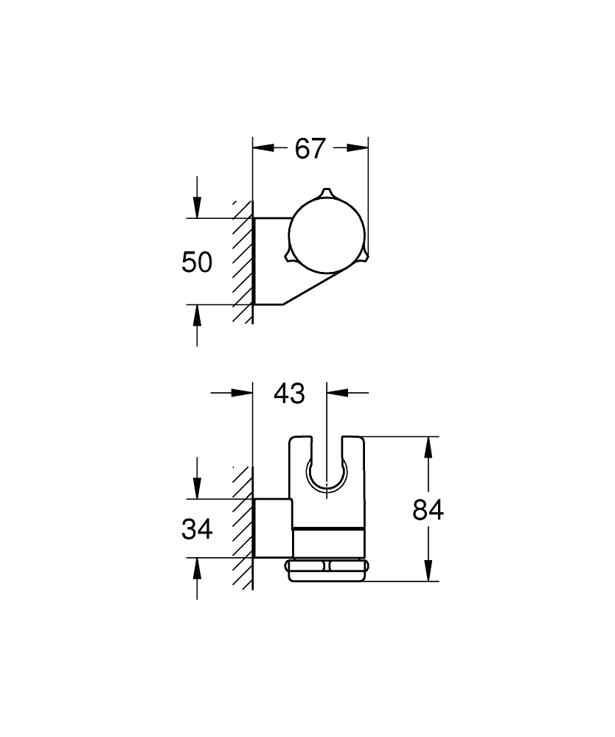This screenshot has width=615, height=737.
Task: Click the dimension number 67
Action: click(x=310, y=149)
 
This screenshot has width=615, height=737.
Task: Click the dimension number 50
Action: click(x=197, y=262)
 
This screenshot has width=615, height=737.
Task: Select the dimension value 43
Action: click(x=289, y=394)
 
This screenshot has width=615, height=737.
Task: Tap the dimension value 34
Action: click(x=197, y=529)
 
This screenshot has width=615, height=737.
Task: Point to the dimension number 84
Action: click(x=428, y=510)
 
